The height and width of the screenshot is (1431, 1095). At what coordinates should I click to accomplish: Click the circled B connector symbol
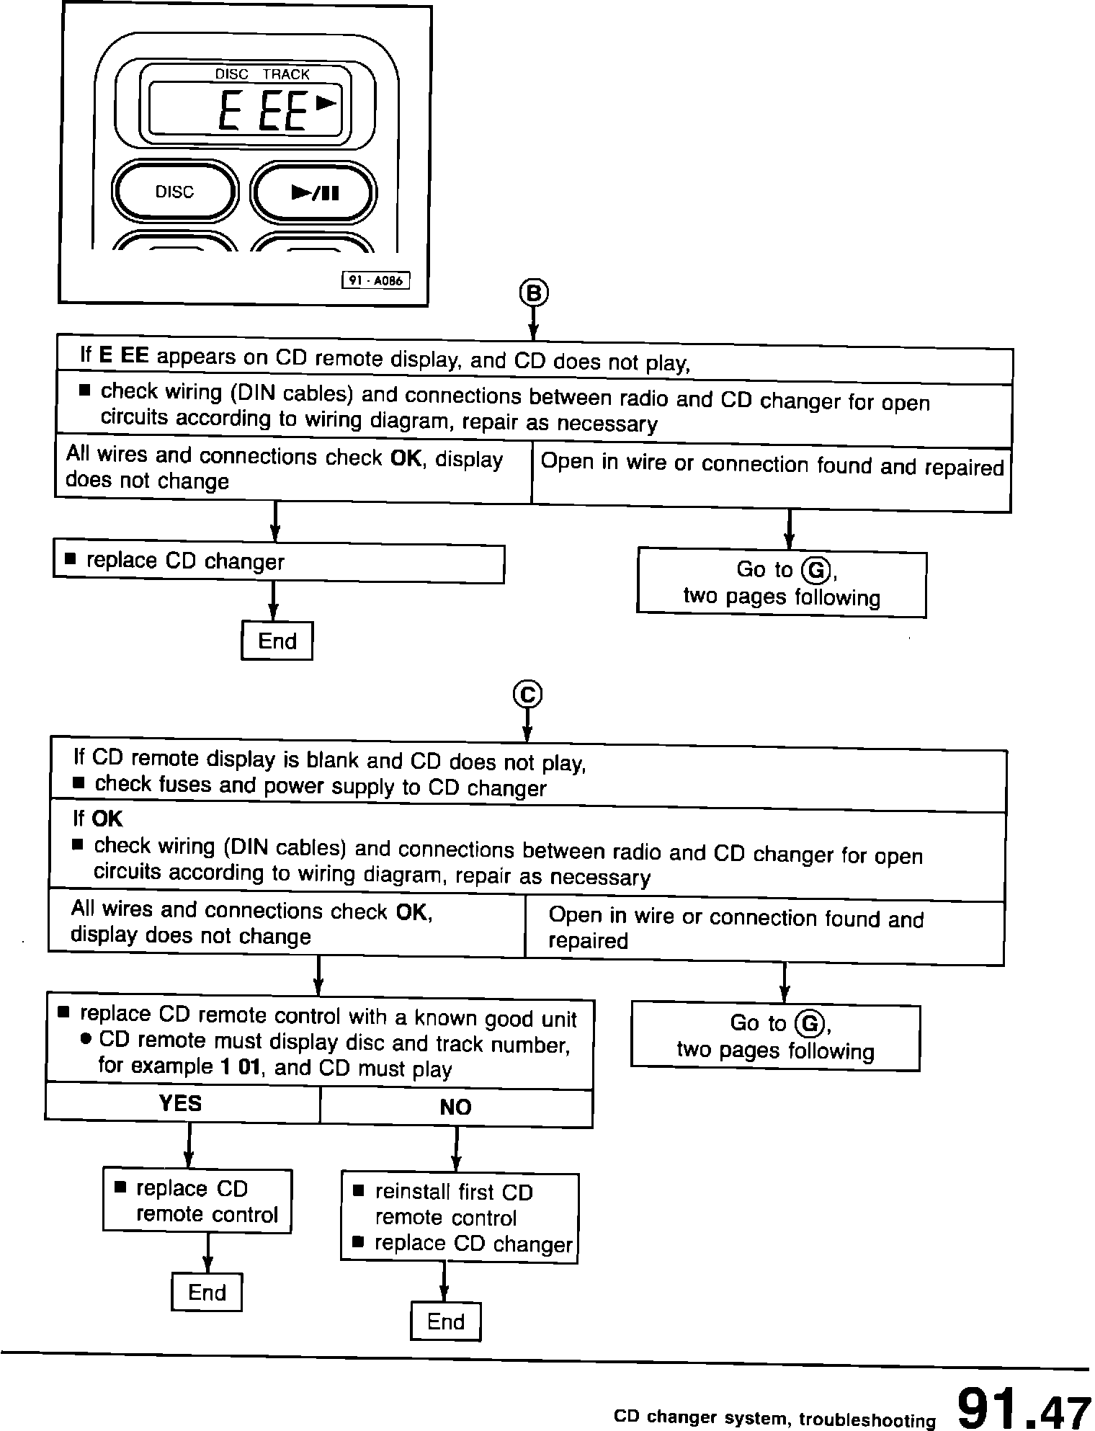533,293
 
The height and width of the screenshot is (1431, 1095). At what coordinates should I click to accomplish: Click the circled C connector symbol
527,695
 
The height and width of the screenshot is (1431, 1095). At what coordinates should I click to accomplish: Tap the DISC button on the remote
175,192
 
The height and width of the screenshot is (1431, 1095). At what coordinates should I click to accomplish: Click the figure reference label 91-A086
375,281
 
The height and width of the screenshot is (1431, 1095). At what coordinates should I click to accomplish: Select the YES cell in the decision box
181,1103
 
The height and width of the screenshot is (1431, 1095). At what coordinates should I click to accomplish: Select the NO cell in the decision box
455,1107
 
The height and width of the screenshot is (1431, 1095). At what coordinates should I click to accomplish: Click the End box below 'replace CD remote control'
207,1292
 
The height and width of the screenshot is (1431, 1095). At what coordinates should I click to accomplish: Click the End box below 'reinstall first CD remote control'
445,1321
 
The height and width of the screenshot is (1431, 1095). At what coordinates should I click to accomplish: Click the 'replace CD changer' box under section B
279,563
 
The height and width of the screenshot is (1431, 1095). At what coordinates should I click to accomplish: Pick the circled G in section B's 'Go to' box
815,571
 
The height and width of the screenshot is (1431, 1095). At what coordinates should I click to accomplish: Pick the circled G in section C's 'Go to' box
809,1023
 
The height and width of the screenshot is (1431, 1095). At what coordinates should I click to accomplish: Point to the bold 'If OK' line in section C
98,819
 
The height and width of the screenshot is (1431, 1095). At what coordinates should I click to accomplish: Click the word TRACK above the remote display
285,74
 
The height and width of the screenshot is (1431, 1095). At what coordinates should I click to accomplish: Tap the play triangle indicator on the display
326,103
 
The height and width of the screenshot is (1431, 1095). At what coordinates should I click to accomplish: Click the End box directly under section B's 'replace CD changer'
277,641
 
